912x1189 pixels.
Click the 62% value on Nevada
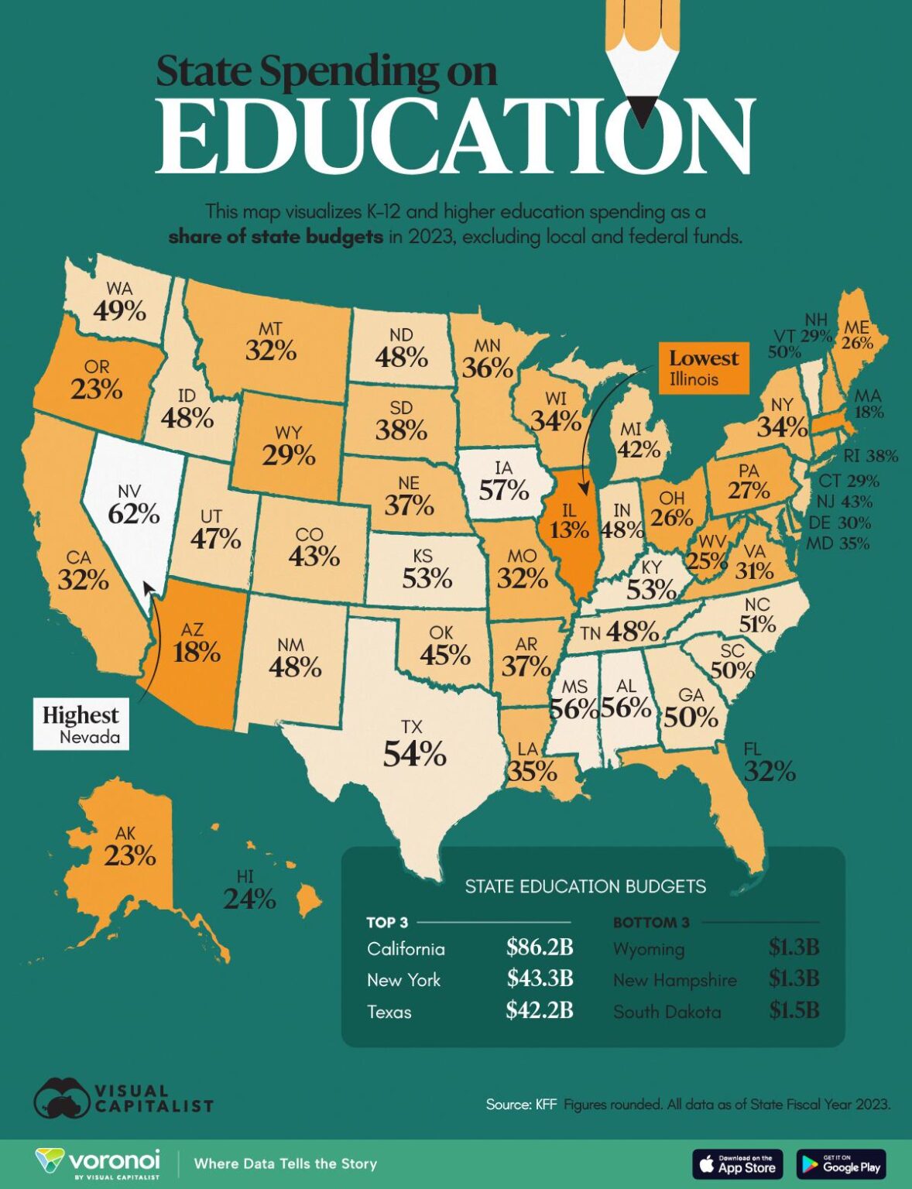(x=133, y=513)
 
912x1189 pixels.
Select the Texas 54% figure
(x=414, y=753)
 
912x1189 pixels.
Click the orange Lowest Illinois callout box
(x=703, y=368)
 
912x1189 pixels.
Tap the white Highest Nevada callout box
(x=81, y=724)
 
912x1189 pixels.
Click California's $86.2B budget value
(x=539, y=947)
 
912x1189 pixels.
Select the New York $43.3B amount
(x=539, y=978)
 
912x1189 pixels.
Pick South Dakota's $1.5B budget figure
(x=794, y=1010)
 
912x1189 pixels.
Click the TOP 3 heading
(x=387, y=922)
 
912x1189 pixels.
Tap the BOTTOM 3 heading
(x=650, y=922)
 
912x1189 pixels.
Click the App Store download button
(x=737, y=1164)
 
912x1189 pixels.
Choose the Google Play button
(x=841, y=1164)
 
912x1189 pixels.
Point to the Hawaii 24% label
(x=249, y=899)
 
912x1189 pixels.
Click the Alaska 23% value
(x=130, y=855)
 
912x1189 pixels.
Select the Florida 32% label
(x=769, y=771)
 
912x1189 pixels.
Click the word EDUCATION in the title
(x=454, y=138)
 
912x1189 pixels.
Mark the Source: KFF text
(x=521, y=1104)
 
